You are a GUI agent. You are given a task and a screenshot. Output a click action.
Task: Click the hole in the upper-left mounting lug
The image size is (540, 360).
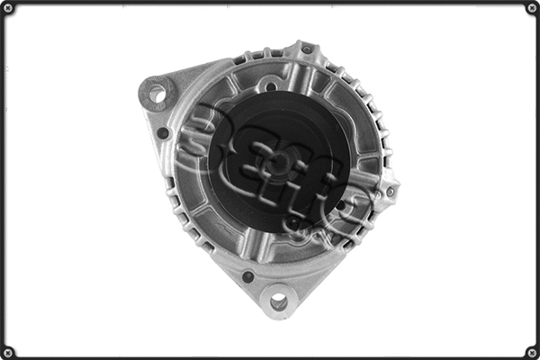pyautogui.click(x=157, y=92)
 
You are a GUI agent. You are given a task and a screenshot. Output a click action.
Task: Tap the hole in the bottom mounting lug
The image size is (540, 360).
pyautogui.click(x=278, y=301)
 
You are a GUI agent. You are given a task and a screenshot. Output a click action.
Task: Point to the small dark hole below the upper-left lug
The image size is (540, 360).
pyautogui.click(x=163, y=133)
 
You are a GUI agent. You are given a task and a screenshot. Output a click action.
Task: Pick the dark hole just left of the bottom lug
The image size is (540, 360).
pyautogui.click(x=247, y=276)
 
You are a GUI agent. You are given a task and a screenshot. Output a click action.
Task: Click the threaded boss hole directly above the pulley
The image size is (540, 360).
pyautogui.click(x=270, y=86)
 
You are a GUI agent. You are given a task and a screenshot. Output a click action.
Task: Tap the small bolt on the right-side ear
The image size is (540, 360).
pyautogui.click(x=390, y=191)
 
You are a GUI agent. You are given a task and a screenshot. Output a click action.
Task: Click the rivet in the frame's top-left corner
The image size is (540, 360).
pyautogui.click(x=8, y=8)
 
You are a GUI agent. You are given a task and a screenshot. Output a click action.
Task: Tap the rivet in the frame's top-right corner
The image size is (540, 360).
pyautogui.click(x=531, y=8)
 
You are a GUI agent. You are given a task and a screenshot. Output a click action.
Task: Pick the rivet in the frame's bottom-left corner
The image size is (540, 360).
pyautogui.click(x=8, y=351)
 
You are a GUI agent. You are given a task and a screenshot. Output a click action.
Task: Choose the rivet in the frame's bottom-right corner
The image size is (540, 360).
pyautogui.click(x=531, y=351)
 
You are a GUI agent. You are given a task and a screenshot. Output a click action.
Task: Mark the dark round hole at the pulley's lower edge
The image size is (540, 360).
pyautogui.click(x=293, y=221)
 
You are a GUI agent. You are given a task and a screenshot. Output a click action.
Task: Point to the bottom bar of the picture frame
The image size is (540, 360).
pyautogui.click(x=270, y=356)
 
